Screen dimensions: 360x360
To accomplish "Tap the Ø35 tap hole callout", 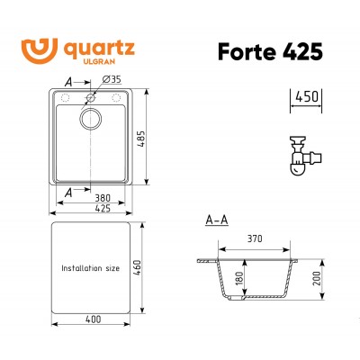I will pos(112,79).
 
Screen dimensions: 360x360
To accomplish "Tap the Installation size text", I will pos(90,268).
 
